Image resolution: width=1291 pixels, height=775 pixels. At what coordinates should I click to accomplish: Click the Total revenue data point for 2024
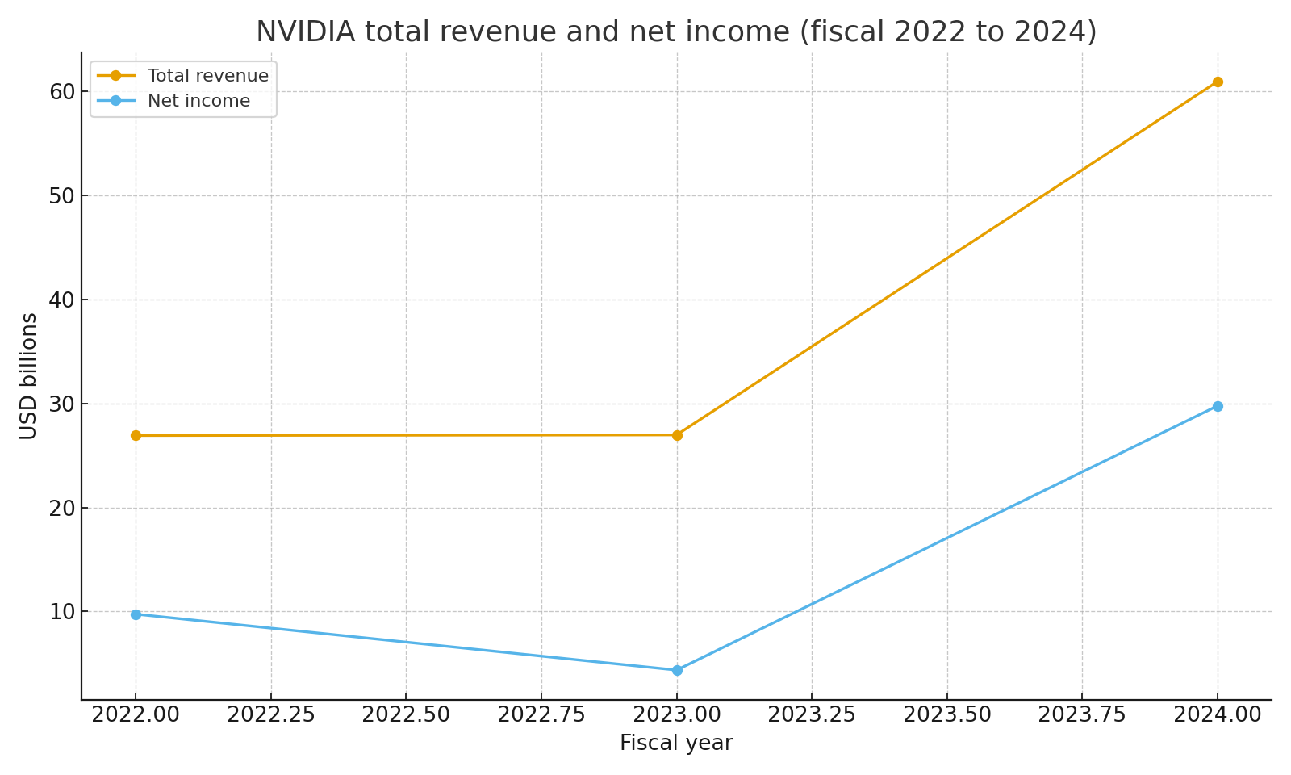point(1217,82)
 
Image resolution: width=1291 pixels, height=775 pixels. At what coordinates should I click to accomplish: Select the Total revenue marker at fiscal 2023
point(677,435)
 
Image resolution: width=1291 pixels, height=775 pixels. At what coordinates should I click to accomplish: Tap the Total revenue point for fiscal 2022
point(136,435)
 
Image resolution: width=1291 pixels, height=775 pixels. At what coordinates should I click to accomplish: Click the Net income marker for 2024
point(1217,406)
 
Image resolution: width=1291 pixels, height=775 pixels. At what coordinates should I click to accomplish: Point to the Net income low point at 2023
point(677,670)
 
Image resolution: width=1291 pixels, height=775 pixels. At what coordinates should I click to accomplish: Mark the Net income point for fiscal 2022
point(136,614)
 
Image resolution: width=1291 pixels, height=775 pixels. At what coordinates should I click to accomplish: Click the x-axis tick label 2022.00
point(136,715)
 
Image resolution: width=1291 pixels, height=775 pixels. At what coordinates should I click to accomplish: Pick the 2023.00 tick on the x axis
point(677,715)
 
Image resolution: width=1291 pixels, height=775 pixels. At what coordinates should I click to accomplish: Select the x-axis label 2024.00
point(1217,715)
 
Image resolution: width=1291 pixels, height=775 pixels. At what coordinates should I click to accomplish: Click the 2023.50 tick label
point(946,715)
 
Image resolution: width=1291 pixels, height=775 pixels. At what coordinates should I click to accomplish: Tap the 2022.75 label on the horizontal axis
point(541,715)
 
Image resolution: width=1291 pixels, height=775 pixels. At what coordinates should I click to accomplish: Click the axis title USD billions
point(29,376)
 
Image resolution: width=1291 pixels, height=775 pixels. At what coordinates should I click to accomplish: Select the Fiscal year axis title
point(676,744)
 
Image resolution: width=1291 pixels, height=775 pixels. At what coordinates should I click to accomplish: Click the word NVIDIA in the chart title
point(305,32)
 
